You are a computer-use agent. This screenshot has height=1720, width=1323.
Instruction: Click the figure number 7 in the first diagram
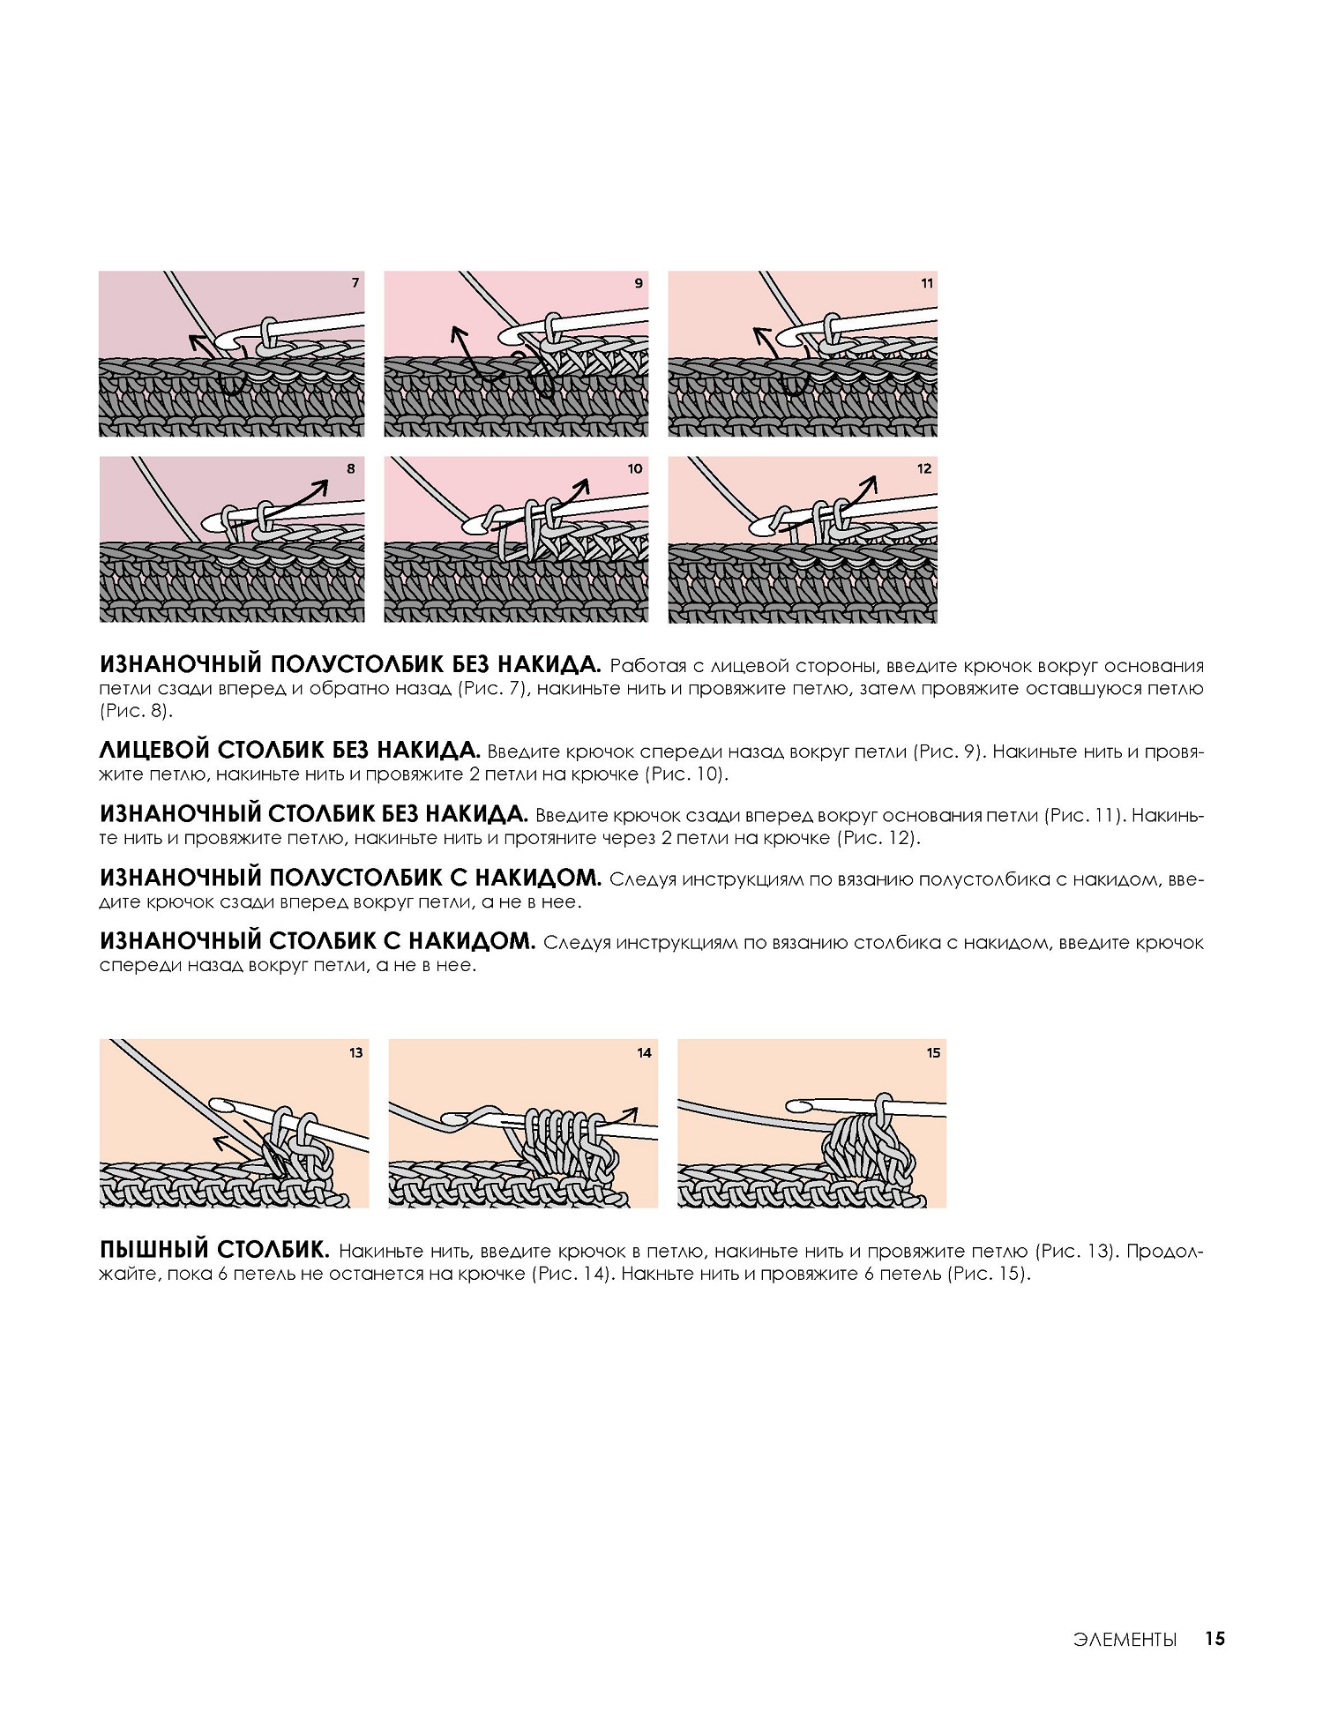click(x=355, y=283)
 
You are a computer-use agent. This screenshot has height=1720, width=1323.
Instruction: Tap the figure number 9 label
click(x=639, y=283)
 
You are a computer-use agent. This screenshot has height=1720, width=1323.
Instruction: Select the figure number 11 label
click(x=926, y=283)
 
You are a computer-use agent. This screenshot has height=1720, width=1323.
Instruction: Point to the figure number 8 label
click(x=351, y=468)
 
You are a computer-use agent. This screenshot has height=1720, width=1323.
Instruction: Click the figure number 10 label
click(x=635, y=468)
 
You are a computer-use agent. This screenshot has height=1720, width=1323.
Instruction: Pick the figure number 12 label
click(x=924, y=468)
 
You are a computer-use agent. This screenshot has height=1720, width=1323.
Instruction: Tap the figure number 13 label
click(x=355, y=1052)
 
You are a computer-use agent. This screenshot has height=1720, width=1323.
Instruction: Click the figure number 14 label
click(x=644, y=1052)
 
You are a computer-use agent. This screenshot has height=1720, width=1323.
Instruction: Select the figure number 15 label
click(x=933, y=1052)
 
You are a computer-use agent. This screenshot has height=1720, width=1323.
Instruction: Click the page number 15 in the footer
click(x=1215, y=1638)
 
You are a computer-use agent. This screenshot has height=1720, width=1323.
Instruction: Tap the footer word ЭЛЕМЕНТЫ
click(x=1125, y=1639)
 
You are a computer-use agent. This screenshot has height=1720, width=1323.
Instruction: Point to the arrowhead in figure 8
click(x=321, y=486)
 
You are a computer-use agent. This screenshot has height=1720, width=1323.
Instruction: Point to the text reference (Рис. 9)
click(x=946, y=752)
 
